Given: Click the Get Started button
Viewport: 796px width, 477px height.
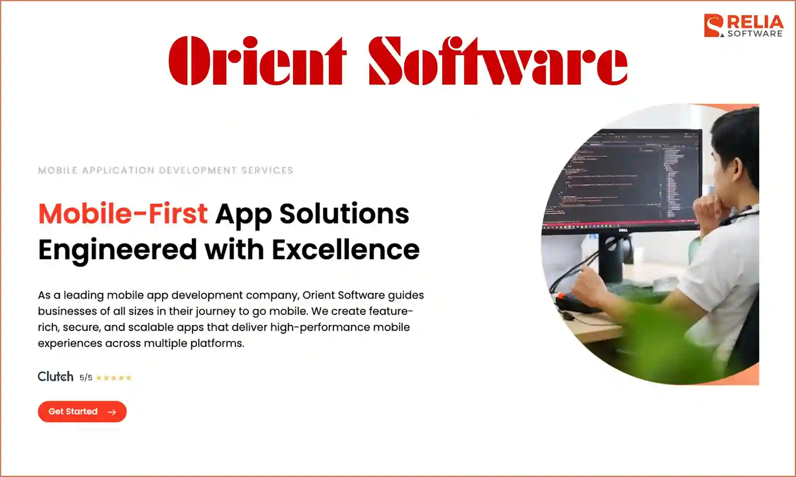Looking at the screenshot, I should click(82, 411).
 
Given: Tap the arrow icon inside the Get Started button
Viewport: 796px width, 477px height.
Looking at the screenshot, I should click(111, 412).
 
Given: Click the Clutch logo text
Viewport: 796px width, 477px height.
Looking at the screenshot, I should click(55, 377).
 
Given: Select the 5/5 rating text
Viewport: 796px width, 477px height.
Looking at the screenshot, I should click(86, 378).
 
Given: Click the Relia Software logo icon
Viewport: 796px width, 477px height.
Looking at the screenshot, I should click(714, 25).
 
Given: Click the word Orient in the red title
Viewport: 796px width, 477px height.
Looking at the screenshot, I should click(257, 61).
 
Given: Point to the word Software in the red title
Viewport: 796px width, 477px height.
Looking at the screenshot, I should click(497, 61).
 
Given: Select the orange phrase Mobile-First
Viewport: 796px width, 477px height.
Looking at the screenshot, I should click(122, 214).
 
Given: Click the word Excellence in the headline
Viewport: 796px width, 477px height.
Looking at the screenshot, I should click(345, 249).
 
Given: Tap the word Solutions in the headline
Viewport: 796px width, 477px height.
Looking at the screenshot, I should click(344, 214).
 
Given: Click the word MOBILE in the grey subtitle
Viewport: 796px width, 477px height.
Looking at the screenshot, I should click(58, 170).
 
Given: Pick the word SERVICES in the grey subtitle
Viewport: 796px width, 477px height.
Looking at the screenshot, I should click(267, 170).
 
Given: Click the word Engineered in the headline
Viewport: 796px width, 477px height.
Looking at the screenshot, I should click(117, 249).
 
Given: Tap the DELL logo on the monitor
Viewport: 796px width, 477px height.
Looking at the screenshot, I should click(622, 230).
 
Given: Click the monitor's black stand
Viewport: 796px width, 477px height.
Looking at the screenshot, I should click(611, 258).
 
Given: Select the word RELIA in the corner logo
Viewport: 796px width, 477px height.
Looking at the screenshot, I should click(755, 22).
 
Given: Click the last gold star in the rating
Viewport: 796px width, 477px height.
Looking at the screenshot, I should click(128, 378).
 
